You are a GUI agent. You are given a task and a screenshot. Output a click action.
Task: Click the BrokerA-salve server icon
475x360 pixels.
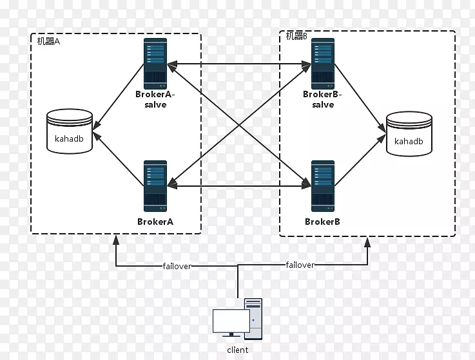pyautogui.click(x=155, y=62)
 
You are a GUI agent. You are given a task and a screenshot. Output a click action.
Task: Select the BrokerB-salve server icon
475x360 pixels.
pyautogui.click(x=322, y=62)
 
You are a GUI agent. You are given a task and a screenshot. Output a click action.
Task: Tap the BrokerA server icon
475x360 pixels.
pyautogui.click(x=155, y=185)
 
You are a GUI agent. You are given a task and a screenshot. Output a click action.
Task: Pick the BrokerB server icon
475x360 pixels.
pyautogui.click(x=322, y=185)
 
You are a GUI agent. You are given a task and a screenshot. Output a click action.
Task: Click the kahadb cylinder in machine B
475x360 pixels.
pyautogui.click(x=409, y=134)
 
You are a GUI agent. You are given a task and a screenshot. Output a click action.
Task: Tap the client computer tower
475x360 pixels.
pyautogui.click(x=253, y=318)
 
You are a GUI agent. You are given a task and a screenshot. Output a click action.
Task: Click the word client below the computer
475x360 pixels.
pyautogui.click(x=237, y=350)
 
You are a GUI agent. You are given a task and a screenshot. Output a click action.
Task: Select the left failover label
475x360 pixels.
pyautogui.click(x=177, y=265)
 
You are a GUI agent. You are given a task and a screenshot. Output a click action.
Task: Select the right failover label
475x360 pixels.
pyautogui.click(x=300, y=265)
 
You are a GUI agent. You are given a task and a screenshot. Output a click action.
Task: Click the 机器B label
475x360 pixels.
pyautogui.click(x=296, y=37)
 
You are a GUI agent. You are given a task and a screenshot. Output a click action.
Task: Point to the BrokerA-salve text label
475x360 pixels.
pyautogui.click(x=155, y=99)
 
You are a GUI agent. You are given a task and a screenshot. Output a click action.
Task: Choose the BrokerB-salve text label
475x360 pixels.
pyautogui.click(x=323, y=99)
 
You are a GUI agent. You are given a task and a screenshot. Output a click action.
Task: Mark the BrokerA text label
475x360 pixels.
pyautogui.click(x=155, y=222)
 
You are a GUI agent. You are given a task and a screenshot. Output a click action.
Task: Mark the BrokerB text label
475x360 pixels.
pyautogui.click(x=322, y=222)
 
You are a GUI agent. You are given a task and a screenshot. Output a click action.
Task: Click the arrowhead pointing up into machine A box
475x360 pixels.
pyautogui.click(x=116, y=240)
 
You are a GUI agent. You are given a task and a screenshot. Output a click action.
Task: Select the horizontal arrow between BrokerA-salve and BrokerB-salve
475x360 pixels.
pyautogui.click(x=239, y=64)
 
